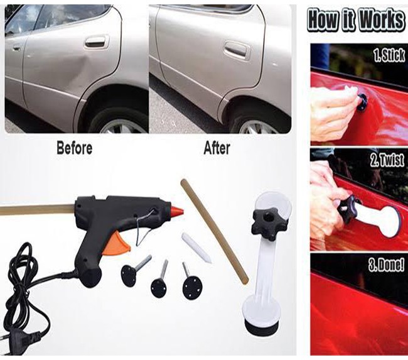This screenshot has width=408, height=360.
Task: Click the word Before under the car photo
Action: pyautogui.click(x=75, y=148)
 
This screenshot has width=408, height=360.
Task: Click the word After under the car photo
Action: pyautogui.click(x=217, y=148)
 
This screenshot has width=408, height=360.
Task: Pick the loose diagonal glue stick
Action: pyautogui.click(x=215, y=231)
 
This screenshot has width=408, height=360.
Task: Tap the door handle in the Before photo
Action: pyautogui.click(x=96, y=41)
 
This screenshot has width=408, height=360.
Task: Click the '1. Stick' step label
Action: pyautogui.click(x=389, y=55)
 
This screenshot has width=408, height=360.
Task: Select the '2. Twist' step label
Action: pyautogui.click(x=387, y=160)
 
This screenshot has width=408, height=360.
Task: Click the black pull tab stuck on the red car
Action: pyautogui.click(x=362, y=102)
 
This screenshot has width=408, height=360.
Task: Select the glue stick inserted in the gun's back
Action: pyautogui.click(x=38, y=210)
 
